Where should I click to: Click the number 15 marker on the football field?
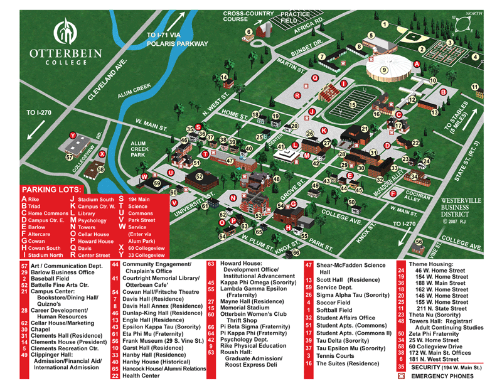(x=353, y=105)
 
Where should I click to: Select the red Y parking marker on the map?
(x=73, y=136)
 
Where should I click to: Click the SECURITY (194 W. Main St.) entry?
(x=445, y=367)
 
